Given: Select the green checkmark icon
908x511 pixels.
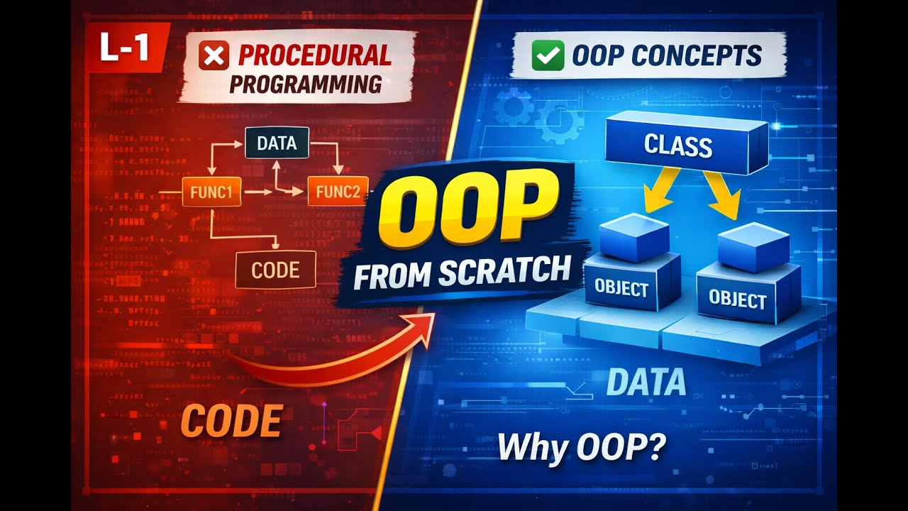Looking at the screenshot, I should [x=548, y=55].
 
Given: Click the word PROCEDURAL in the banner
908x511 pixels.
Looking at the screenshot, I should [x=314, y=55].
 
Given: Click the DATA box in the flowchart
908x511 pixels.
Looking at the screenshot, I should [x=277, y=143].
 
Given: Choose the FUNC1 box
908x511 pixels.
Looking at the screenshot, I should [x=212, y=192].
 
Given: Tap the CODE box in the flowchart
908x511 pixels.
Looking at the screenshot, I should [x=275, y=270].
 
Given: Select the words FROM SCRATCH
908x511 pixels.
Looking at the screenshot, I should [x=462, y=273].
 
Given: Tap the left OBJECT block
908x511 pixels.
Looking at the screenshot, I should [x=621, y=287].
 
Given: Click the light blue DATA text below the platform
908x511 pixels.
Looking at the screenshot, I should [x=646, y=383].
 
